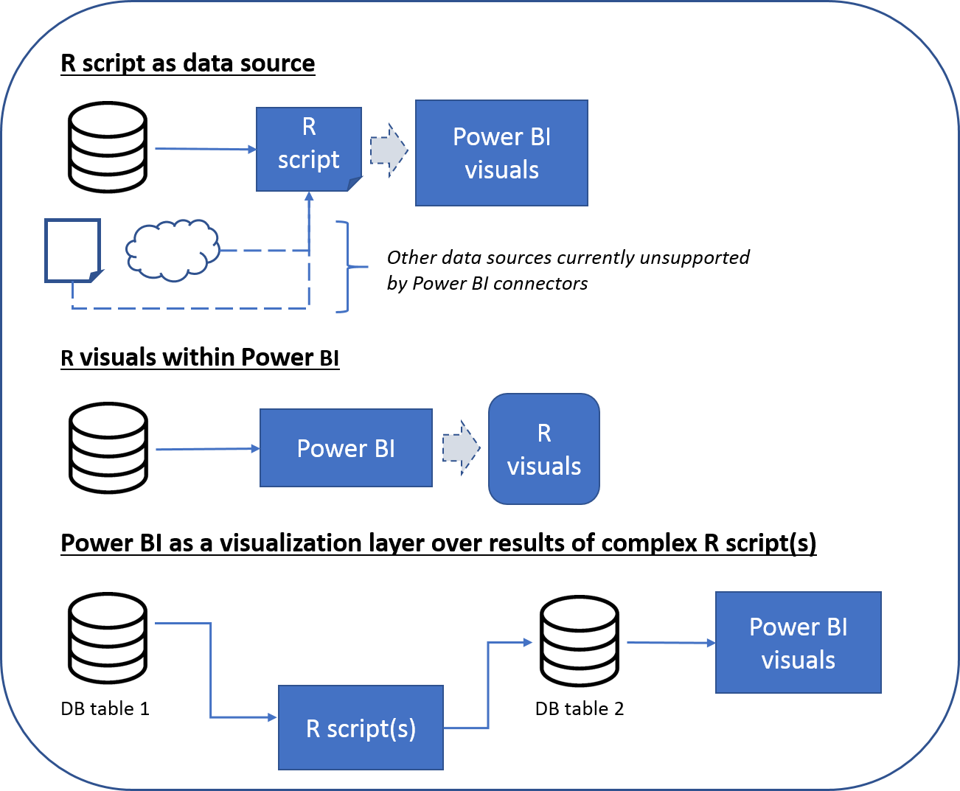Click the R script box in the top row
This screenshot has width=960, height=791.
pos(308,148)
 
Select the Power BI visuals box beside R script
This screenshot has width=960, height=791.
pos(501,153)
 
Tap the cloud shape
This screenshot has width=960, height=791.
pos(173,250)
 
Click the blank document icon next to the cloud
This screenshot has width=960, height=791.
pos(72,250)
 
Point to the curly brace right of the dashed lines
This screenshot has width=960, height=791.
pos(347,266)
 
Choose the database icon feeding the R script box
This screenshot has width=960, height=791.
pos(108,148)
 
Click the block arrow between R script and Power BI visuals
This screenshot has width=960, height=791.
pos(388,150)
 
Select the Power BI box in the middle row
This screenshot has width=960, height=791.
pos(346,448)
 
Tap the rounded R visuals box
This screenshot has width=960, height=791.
pos(544,449)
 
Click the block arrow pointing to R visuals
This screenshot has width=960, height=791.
pos(461,447)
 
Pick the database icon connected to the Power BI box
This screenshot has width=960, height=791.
pos(108,449)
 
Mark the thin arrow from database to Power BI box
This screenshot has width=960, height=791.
pos(206,448)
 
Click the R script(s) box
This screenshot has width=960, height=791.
pos(361,728)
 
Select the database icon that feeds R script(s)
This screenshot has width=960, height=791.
pos(108,639)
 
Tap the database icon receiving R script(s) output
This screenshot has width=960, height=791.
pos(580,642)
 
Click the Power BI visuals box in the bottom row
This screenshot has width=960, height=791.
pos(798,643)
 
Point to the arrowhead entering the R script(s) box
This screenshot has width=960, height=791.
pos(273,717)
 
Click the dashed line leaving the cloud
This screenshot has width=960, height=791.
pos(262,251)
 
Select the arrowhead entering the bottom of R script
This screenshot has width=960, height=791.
pos(309,197)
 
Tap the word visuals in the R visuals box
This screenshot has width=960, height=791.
pos(544,467)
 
